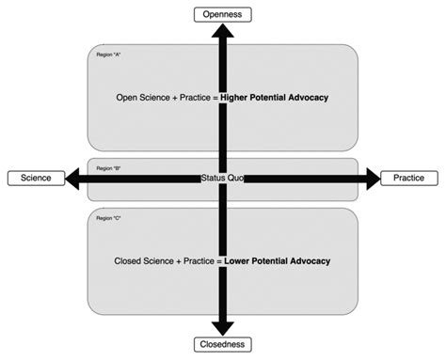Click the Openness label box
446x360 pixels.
[223, 14]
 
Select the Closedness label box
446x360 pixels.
[223, 345]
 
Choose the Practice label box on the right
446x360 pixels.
[408, 178]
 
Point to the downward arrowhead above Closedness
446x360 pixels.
[223, 327]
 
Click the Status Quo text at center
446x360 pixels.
[223, 178]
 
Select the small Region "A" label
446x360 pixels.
[109, 55]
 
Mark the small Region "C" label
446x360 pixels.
[109, 218]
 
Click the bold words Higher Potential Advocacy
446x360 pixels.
[275, 97]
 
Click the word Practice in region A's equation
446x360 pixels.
[192, 97]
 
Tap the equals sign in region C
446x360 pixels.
[219, 259]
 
